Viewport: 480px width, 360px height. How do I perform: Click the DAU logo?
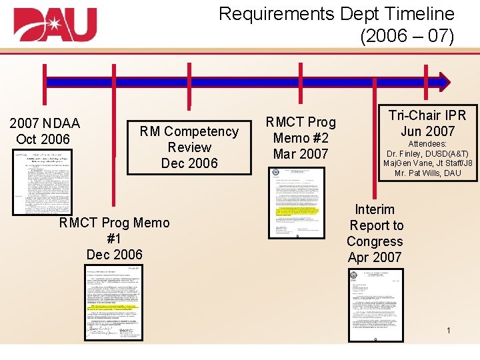(x=55, y=25)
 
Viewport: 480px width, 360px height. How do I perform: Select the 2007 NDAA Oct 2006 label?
(x=44, y=131)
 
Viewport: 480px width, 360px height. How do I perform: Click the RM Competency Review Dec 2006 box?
(x=189, y=147)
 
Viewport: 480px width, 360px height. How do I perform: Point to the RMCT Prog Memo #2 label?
(x=301, y=138)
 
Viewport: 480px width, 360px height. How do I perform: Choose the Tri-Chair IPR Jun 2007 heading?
(x=427, y=123)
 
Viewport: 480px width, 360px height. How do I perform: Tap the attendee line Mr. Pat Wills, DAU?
(x=427, y=173)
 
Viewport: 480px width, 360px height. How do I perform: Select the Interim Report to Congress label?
(x=375, y=233)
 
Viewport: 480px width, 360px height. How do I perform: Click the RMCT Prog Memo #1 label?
(x=115, y=238)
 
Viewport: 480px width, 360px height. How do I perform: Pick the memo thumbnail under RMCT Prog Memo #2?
(x=297, y=203)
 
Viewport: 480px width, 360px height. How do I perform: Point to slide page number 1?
(x=449, y=331)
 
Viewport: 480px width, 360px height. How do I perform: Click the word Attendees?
(x=427, y=143)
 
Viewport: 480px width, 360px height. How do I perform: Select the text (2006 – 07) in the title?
(x=407, y=36)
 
